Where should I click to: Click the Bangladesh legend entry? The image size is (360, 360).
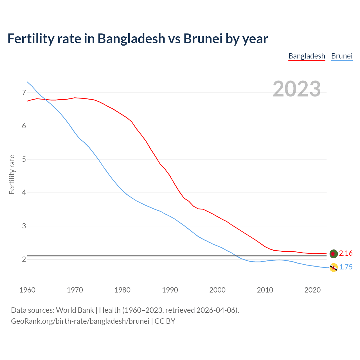(x=307, y=56)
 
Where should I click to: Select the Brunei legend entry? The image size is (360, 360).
(x=342, y=56)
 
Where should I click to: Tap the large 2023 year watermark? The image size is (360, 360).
(x=297, y=89)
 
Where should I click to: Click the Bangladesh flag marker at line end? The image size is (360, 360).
(x=334, y=254)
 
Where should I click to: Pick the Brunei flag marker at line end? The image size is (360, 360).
(x=334, y=267)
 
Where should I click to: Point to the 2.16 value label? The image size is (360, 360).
(x=346, y=253)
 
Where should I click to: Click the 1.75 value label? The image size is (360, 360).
(x=346, y=267)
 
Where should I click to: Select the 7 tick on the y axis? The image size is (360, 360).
(x=24, y=93)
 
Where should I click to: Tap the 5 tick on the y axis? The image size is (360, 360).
(x=24, y=159)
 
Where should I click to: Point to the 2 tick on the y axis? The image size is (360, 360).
(x=24, y=259)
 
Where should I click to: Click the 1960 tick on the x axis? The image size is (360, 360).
(x=27, y=290)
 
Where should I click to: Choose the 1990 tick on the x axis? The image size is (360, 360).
(x=170, y=290)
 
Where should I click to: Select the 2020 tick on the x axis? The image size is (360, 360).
(x=312, y=290)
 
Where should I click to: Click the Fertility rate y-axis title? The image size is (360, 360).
(x=12, y=174)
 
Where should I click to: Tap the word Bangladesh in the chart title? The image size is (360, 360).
(x=131, y=39)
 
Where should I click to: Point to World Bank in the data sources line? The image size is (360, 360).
(x=75, y=310)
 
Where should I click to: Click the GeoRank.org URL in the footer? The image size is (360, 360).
(x=80, y=321)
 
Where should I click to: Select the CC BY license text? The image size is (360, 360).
(x=165, y=321)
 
